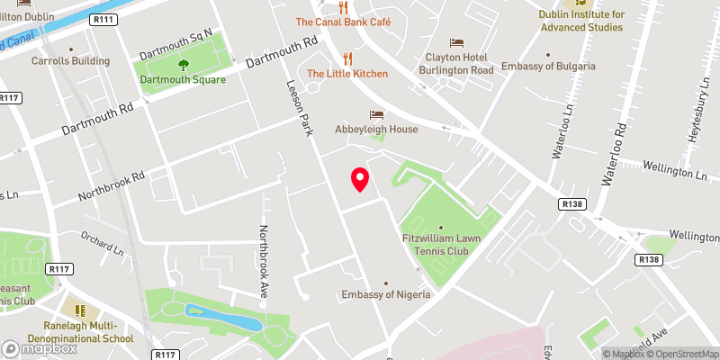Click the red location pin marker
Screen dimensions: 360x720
click(x=359, y=179)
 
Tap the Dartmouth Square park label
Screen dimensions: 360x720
click(x=183, y=78)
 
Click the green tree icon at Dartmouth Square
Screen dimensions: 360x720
click(x=183, y=63)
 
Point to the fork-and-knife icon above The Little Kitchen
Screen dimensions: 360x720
click(x=346, y=58)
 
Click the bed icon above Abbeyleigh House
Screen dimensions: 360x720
click(x=376, y=114)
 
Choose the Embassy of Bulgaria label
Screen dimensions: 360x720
click(x=548, y=67)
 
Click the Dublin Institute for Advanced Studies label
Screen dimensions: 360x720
click(x=580, y=21)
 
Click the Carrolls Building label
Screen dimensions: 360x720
click(x=70, y=61)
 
